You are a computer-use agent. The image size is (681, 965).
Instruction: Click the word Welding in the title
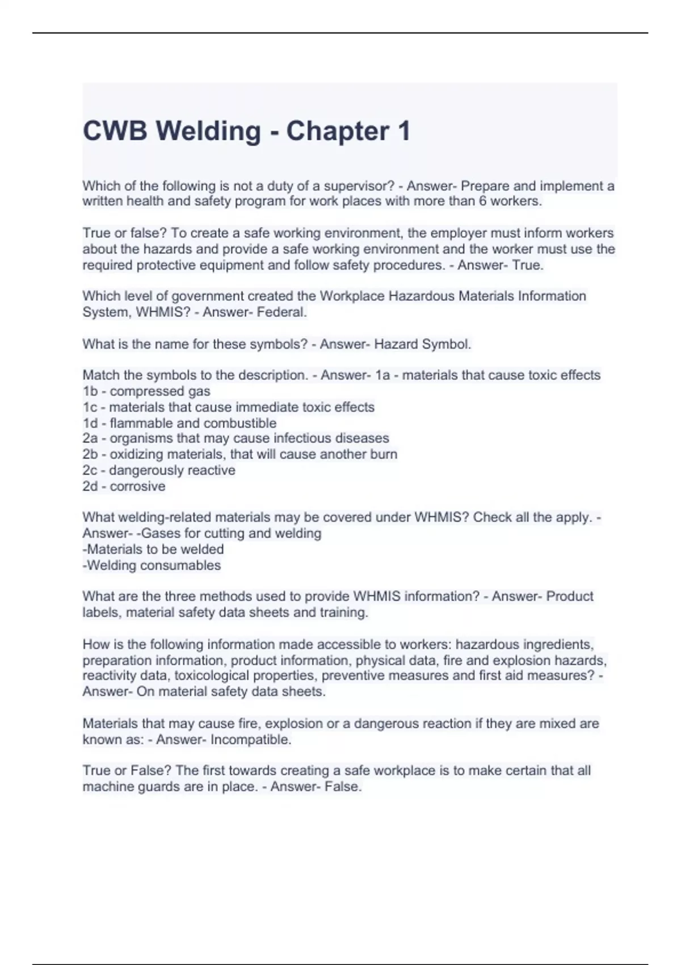tap(208, 131)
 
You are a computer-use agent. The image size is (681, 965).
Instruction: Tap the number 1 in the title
tap(404, 131)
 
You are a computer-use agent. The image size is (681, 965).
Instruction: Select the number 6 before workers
tap(483, 201)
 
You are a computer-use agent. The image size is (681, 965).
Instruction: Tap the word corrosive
tap(137, 486)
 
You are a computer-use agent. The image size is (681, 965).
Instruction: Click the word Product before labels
tap(570, 596)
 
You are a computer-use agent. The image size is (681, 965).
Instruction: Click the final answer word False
tap(343, 787)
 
